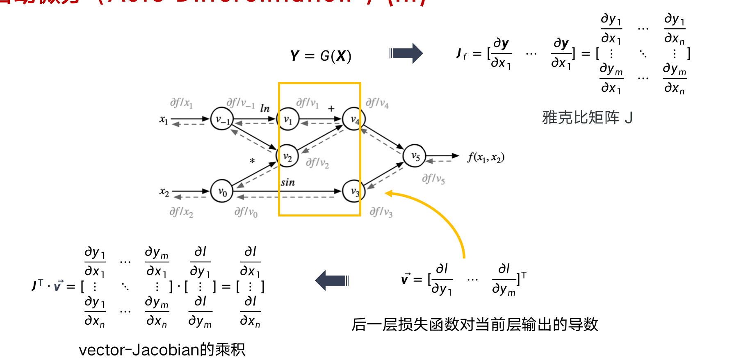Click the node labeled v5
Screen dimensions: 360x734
point(415,156)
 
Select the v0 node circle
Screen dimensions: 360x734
point(222,191)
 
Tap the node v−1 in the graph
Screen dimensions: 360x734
point(222,119)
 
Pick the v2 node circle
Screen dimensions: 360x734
point(287,156)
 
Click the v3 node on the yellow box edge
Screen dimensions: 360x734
point(354,191)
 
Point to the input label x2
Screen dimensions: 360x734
point(164,192)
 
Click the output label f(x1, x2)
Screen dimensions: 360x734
point(486,157)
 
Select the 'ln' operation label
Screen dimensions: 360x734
point(265,109)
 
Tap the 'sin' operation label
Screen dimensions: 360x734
point(288,182)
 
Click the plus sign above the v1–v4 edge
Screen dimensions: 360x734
point(331,109)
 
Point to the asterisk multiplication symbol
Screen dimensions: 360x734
point(252,161)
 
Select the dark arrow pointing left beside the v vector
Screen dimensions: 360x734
point(332,281)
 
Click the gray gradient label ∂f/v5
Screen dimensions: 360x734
point(433,179)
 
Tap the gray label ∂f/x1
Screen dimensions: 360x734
point(181,103)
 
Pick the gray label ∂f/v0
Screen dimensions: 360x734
point(246,212)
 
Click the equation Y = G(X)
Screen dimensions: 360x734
point(321,55)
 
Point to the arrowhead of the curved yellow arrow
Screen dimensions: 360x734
point(388,194)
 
